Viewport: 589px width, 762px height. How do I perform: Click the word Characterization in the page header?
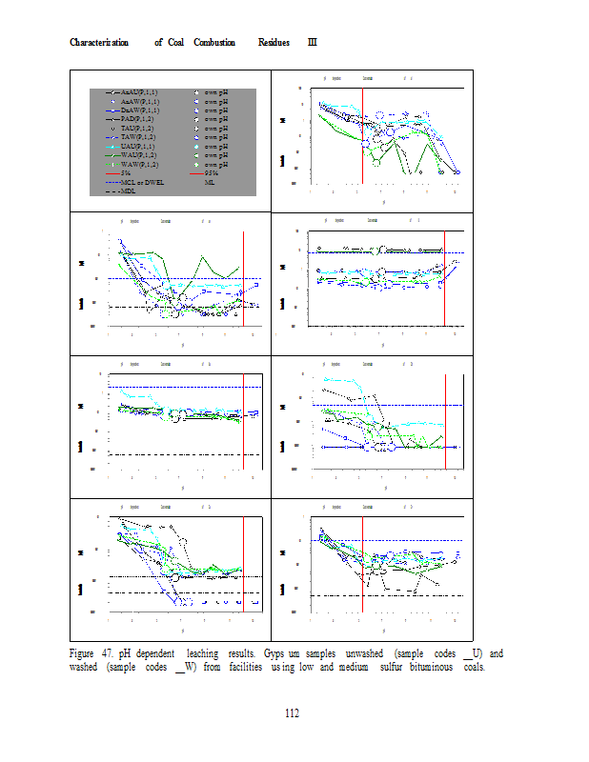tap(99, 43)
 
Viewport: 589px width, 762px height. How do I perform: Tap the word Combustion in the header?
tap(214, 43)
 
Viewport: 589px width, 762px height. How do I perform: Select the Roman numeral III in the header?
tap(313, 43)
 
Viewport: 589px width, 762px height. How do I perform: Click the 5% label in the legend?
tap(126, 172)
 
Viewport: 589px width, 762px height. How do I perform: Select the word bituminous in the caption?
tap(423, 667)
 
